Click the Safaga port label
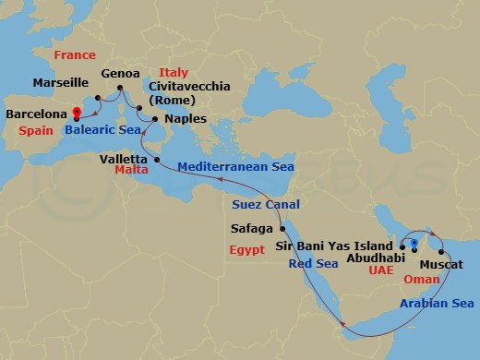(x=252, y=227)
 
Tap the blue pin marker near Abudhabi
(x=414, y=245)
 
